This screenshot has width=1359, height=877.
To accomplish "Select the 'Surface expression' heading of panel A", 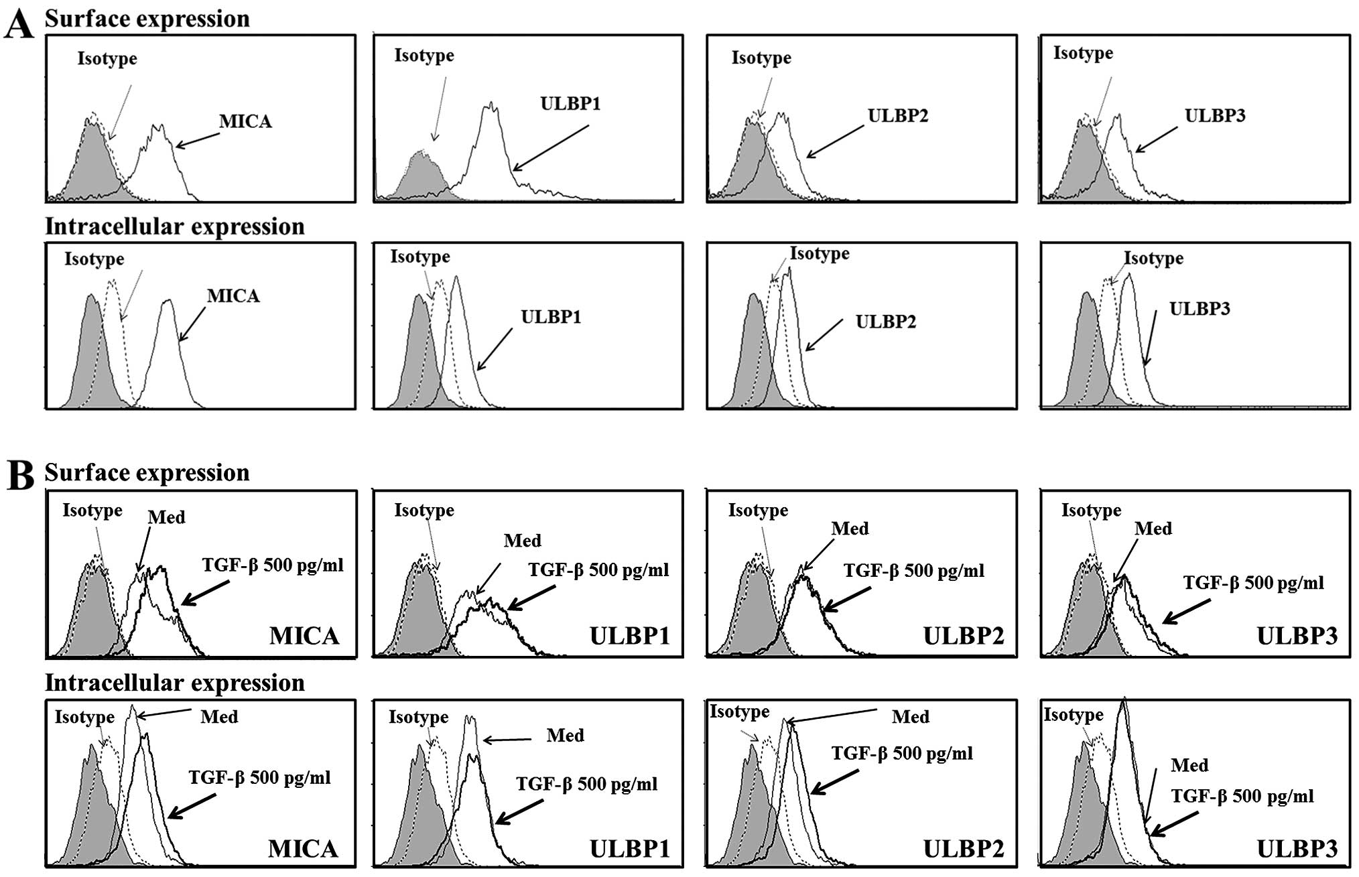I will tap(147, 19).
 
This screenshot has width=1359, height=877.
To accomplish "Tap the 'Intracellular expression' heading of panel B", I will tap(174, 683).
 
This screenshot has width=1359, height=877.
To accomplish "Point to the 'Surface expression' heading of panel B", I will tap(147, 473).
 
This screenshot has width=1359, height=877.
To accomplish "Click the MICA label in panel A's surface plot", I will tap(245, 121).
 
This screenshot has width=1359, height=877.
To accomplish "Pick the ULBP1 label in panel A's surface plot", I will tap(570, 104).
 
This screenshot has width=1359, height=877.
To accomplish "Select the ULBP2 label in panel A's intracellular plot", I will tap(885, 322).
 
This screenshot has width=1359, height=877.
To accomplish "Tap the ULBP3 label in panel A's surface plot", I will tap(1215, 116).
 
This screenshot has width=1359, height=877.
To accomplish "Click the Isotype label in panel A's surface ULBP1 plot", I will tap(424, 56).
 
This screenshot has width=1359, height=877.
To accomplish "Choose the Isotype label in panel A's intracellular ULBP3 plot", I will tap(1153, 259).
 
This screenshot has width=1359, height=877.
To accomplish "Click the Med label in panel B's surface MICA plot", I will tap(166, 517).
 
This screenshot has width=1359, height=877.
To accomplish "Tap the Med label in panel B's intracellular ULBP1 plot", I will tap(565, 736).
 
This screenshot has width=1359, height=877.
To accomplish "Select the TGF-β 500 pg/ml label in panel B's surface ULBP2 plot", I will tap(914, 571).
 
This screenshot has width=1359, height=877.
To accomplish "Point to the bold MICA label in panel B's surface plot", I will tap(304, 635).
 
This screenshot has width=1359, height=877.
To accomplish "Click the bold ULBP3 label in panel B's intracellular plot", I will tap(1297, 849).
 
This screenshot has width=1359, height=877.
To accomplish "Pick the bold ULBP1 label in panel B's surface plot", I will tap(629, 635).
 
